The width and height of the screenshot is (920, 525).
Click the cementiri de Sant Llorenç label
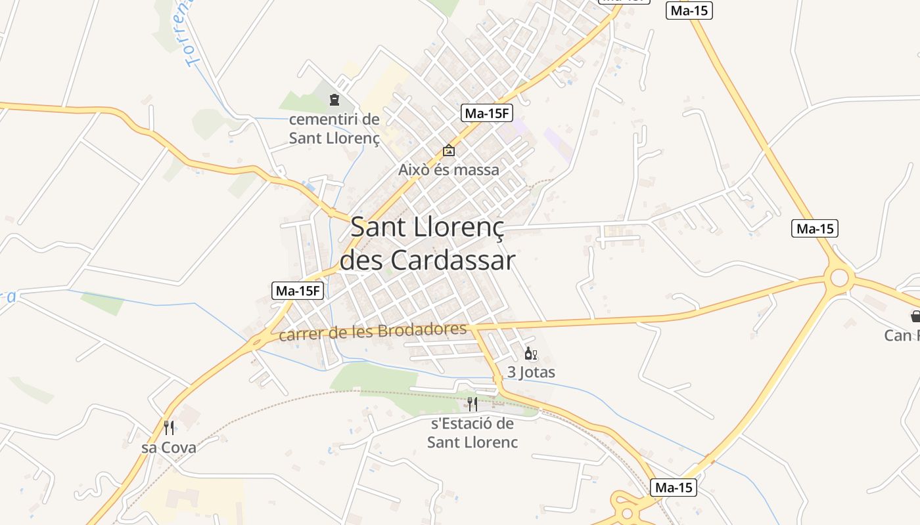point(334,129)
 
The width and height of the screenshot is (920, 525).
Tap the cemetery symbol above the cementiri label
point(334,100)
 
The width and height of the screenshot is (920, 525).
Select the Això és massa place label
point(449,170)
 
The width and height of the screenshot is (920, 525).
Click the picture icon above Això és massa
point(449,151)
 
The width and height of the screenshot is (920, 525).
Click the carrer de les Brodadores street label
point(373,331)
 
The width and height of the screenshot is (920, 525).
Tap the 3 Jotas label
point(531,373)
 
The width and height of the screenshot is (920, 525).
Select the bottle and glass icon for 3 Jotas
point(530,354)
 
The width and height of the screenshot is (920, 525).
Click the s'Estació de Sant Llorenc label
point(472,432)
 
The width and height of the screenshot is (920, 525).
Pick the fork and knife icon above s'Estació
point(472,404)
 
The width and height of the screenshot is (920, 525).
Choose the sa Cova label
point(169,448)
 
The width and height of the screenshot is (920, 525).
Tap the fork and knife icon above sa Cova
point(169,428)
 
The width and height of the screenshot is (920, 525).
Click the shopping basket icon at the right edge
point(915,316)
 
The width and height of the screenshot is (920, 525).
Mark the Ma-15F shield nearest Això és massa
point(486,113)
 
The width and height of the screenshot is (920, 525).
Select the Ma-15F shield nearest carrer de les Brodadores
point(298,291)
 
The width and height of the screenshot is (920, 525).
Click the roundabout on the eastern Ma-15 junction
point(839,278)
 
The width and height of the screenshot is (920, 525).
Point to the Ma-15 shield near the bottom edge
point(673,488)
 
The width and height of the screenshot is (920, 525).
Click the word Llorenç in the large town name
point(460,227)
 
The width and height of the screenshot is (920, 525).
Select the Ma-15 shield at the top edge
point(689,10)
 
